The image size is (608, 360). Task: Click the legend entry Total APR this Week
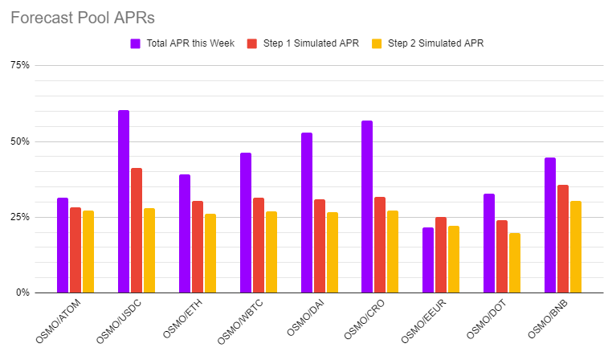(x=190, y=43)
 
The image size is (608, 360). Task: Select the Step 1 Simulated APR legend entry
(x=310, y=43)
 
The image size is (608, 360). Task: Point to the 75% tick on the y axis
(x=19, y=65)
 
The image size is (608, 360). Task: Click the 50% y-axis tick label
(x=19, y=141)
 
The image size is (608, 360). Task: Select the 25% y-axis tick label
(x=19, y=217)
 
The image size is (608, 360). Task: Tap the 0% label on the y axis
(x=22, y=292)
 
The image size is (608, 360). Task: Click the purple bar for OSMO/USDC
(x=124, y=202)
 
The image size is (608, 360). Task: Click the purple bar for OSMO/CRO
(x=367, y=207)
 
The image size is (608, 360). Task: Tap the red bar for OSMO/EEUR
(x=441, y=255)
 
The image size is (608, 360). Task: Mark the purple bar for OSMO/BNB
(x=550, y=225)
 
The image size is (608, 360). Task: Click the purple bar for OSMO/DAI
(x=307, y=213)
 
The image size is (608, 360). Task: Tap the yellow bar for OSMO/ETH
(x=210, y=253)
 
